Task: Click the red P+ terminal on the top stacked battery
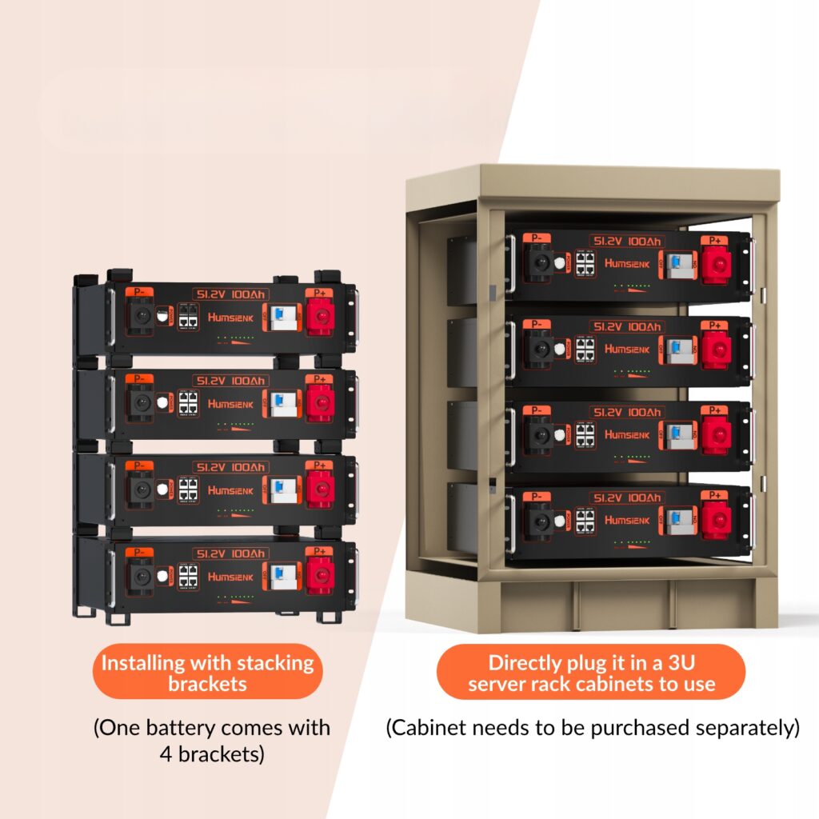click(321, 315)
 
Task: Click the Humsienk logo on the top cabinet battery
click(627, 262)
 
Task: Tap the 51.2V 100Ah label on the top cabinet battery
click(627, 241)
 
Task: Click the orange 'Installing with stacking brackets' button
click(207, 673)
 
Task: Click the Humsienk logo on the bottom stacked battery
click(231, 576)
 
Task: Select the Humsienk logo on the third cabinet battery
click(627, 434)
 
